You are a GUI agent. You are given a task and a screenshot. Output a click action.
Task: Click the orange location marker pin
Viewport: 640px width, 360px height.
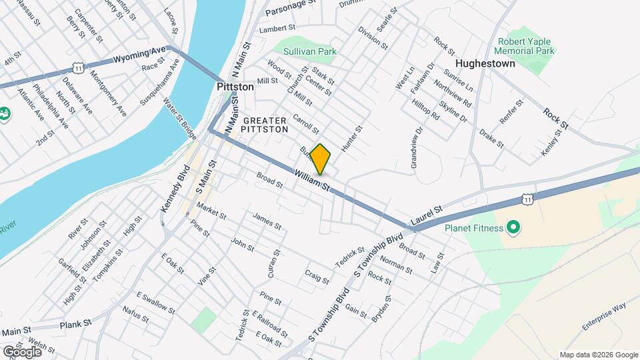tap(321, 159)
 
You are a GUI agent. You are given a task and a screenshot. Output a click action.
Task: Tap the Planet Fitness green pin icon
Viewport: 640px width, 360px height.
tap(513, 229)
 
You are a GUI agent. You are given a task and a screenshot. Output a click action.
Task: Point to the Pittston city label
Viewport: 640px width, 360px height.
tap(235, 87)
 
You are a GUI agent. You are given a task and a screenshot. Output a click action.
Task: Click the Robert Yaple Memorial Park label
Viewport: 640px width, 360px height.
tap(525, 45)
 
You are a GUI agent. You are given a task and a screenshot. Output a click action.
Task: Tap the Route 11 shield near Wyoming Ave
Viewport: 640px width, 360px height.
tap(79, 67)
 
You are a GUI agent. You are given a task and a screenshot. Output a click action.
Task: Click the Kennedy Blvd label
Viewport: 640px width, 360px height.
tap(171, 189)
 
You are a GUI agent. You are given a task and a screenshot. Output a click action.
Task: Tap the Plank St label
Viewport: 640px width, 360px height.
tap(75, 324)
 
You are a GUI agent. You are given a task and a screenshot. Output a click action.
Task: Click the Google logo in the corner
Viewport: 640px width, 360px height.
tap(23, 351)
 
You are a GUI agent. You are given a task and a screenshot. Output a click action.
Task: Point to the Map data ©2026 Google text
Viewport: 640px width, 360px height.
tap(598, 355)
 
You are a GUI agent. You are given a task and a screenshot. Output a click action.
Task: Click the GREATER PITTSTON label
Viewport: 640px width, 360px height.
tap(265, 125)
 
